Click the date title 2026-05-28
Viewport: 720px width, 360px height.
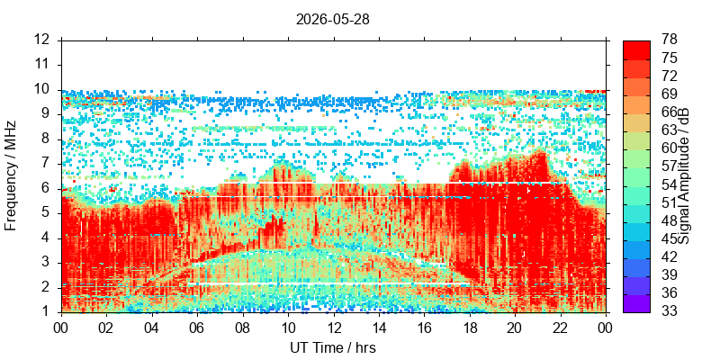tap(332, 19)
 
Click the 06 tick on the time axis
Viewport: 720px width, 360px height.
tap(197, 328)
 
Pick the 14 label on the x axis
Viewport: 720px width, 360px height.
tap(379, 328)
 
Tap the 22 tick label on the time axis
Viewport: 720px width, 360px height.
tap(561, 328)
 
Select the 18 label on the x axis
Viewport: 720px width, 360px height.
tap(470, 328)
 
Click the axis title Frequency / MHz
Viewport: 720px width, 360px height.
tap(11, 175)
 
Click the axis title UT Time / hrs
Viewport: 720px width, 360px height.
tap(333, 348)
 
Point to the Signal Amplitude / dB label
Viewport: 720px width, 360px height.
tap(685, 176)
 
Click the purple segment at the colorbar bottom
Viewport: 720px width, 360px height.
tap(636, 303)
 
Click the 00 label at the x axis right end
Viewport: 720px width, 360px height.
tap(606, 328)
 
